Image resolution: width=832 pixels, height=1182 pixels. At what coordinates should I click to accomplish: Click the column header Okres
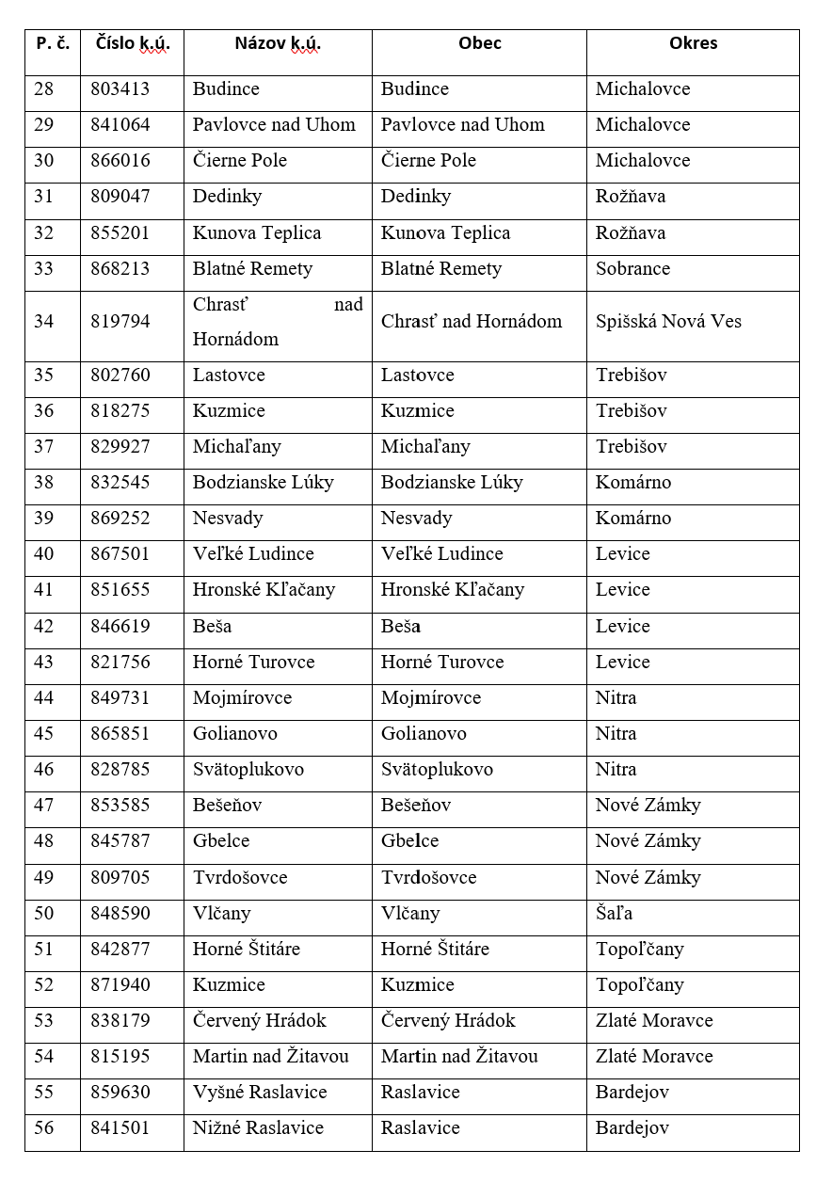coord(693,43)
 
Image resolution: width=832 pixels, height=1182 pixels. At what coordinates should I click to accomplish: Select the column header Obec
coord(479,43)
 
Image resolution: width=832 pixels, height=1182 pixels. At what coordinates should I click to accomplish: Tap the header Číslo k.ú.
coord(132,43)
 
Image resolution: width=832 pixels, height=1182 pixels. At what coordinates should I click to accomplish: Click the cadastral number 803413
coord(120,89)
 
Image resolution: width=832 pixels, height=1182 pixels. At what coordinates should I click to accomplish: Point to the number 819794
coord(120,322)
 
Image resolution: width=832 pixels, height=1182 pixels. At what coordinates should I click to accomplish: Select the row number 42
coord(44,627)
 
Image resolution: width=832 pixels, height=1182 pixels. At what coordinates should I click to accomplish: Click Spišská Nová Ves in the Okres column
coord(668,322)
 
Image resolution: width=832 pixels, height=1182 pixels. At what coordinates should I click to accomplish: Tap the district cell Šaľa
coord(615,914)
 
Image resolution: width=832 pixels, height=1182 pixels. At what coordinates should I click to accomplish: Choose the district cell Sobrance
coord(632,269)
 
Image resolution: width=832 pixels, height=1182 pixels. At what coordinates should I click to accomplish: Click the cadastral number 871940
coord(120,985)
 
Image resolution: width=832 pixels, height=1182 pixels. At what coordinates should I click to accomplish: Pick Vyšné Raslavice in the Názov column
coord(260,1093)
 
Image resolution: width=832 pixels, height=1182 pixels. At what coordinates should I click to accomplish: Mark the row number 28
coord(44,89)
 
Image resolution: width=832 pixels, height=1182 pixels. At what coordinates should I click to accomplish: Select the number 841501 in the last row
coord(120,1128)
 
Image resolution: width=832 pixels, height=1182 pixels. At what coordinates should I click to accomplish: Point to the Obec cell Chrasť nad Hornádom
coord(471,322)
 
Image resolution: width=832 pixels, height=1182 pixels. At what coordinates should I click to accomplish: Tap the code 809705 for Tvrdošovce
coord(120,878)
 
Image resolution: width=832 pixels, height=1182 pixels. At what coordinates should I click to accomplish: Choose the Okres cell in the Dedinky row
coord(631,197)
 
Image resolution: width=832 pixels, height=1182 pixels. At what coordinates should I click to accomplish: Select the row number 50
coord(44,914)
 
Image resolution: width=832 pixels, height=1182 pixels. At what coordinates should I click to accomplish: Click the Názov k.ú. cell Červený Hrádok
coord(260,1021)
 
